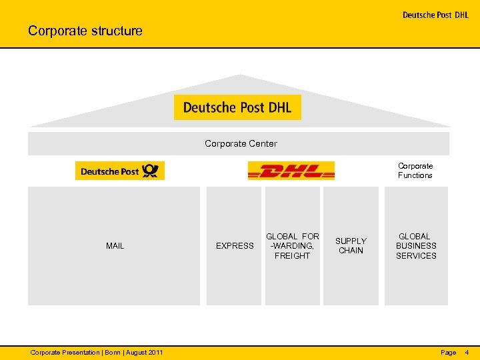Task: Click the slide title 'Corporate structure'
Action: pyautogui.click(x=85, y=31)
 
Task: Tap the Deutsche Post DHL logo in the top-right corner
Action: pyautogui.click(x=435, y=15)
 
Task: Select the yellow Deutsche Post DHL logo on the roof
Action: pyautogui.click(x=237, y=107)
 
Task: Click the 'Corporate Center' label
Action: pyautogui.click(x=241, y=143)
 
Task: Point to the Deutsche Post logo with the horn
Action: pyautogui.click(x=119, y=171)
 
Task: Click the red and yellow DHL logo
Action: pyautogui.click(x=291, y=171)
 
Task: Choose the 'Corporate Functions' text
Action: pyautogui.click(x=415, y=171)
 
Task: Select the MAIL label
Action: pyautogui.click(x=115, y=246)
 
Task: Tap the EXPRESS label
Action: pyautogui.click(x=235, y=246)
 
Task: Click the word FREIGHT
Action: pyautogui.click(x=292, y=256)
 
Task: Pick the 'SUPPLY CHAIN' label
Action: pyautogui.click(x=351, y=246)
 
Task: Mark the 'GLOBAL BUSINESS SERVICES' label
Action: pyautogui.click(x=416, y=246)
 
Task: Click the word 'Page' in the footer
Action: pyautogui.click(x=449, y=352)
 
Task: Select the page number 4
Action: pyautogui.click(x=467, y=352)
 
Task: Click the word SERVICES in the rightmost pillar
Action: pyautogui.click(x=416, y=256)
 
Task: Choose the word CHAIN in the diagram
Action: pyautogui.click(x=351, y=251)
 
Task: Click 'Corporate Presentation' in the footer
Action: pyautogui.click(x=63, y=352)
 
